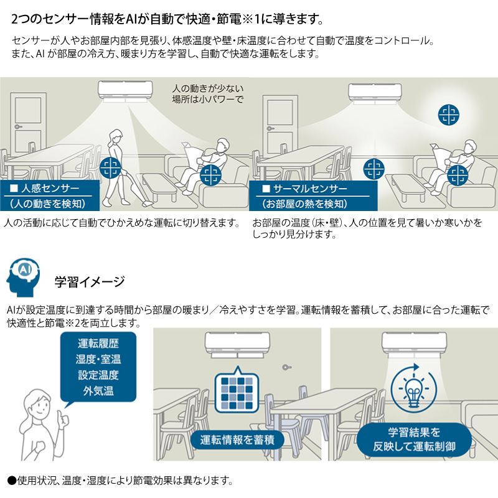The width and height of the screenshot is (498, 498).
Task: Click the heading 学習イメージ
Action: (x=90, y=281)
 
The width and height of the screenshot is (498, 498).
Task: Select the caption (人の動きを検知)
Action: (x=47, y=204)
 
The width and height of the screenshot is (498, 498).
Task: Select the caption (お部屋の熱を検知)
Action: (x=304, y=204)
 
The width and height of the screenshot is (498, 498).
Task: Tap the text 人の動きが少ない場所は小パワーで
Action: (x=208, y=93)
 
